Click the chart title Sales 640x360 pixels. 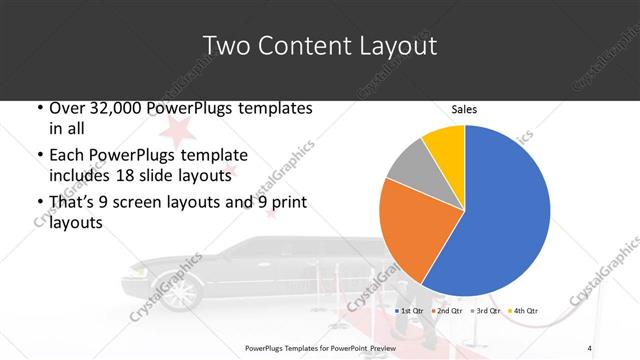[x=463, y=108]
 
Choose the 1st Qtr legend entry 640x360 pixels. [x=410, y=310]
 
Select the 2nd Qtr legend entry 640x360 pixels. [x=449, y=310]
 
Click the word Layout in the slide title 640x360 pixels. [x=392, y=46]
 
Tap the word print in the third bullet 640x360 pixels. [x=287, y=203]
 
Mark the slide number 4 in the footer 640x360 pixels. [x=590, y=347]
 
